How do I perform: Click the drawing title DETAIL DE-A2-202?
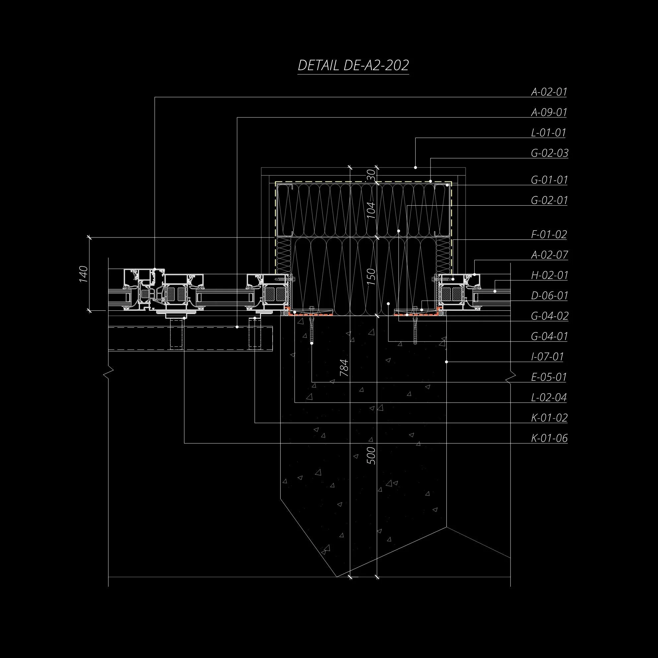[353, 65]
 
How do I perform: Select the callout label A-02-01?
[549, 92]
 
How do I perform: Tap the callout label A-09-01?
[549, 112]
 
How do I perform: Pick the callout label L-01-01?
[549, 132]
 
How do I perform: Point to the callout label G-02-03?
[550, 153]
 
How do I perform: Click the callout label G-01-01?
[549, 179]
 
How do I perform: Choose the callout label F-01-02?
[549, 234]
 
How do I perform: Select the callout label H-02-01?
[550, 275]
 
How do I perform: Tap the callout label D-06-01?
[550, 295]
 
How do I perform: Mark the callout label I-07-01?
[548, 357]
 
